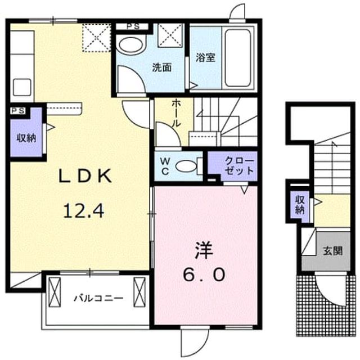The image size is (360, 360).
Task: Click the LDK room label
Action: tap(85, 176)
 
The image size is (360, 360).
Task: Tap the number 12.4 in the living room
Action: tap(84, 211)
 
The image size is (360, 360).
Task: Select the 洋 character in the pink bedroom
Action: tap(204, 250)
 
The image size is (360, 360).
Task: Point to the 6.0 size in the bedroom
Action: tap(204, 275)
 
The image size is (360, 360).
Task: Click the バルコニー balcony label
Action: tap(98, 299)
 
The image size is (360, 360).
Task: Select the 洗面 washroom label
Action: tap(162, 67)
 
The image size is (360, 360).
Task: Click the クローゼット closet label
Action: tap(239, 165)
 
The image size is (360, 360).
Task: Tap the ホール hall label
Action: tap(176, 113)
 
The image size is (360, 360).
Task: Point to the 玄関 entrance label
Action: tap(332, 251)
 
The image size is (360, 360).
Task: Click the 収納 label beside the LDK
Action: tap(26, 138)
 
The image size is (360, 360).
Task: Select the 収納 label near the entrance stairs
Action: tap(300, 204)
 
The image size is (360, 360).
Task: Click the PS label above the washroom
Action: tap(133, 26)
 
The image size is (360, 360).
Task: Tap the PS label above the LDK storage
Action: tap(18, 111)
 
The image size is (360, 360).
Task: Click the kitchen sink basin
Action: tap(22, 87)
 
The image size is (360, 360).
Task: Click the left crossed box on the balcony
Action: tap(55, 292)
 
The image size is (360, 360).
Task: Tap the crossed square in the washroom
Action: tap(170, 35)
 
